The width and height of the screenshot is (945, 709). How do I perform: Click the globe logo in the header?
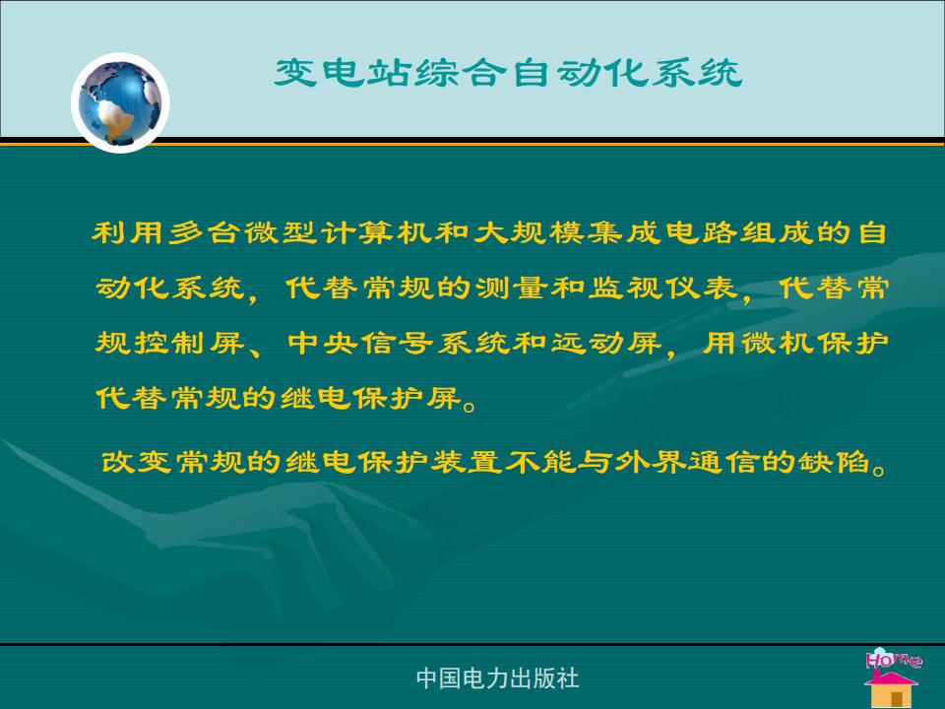point(120,102)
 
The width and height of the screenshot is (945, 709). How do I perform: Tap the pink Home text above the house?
point(894,659)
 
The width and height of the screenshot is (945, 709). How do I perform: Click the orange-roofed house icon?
point(892,688)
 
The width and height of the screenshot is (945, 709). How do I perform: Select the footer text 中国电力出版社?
point(497,678)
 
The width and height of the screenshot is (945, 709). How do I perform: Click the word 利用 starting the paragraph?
point(127,232)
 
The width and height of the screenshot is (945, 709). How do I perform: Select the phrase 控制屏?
point(189,343)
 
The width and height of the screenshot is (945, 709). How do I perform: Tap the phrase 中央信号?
point(360,343)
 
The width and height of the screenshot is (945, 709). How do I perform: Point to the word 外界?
point(650,462)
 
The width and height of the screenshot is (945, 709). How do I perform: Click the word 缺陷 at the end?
point(834,462)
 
